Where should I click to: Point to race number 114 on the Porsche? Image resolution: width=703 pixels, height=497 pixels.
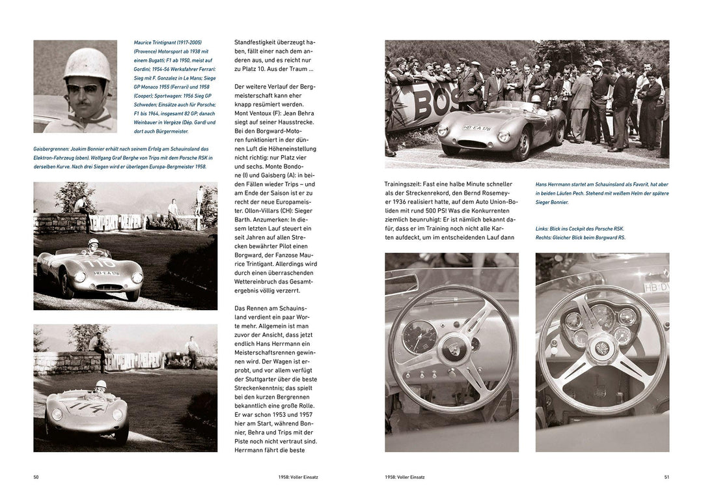pyautogui.click(x=86, y=408)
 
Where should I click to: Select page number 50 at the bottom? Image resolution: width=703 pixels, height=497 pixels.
pyautogui.click(x=36, y=477)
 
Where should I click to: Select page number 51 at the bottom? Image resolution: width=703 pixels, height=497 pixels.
pyautogui.click(x=666, y=477)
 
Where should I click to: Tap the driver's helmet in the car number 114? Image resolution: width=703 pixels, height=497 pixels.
pyautogui.click(x=101, y=385)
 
